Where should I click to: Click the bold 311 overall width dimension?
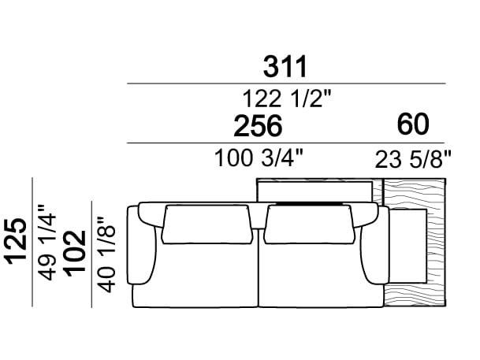tap(285, 66)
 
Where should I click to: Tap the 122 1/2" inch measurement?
tap(287, 98)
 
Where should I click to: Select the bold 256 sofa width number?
tap(258, 126)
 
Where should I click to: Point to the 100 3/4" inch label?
tap(259, 158)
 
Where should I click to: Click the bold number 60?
tap(413, 124)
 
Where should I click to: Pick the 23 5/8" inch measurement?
tap(413, 159)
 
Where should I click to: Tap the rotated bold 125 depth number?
tap(17, 241)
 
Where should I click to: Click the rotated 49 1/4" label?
tap(47, 243)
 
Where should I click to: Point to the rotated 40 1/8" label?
tap(106, 254)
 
